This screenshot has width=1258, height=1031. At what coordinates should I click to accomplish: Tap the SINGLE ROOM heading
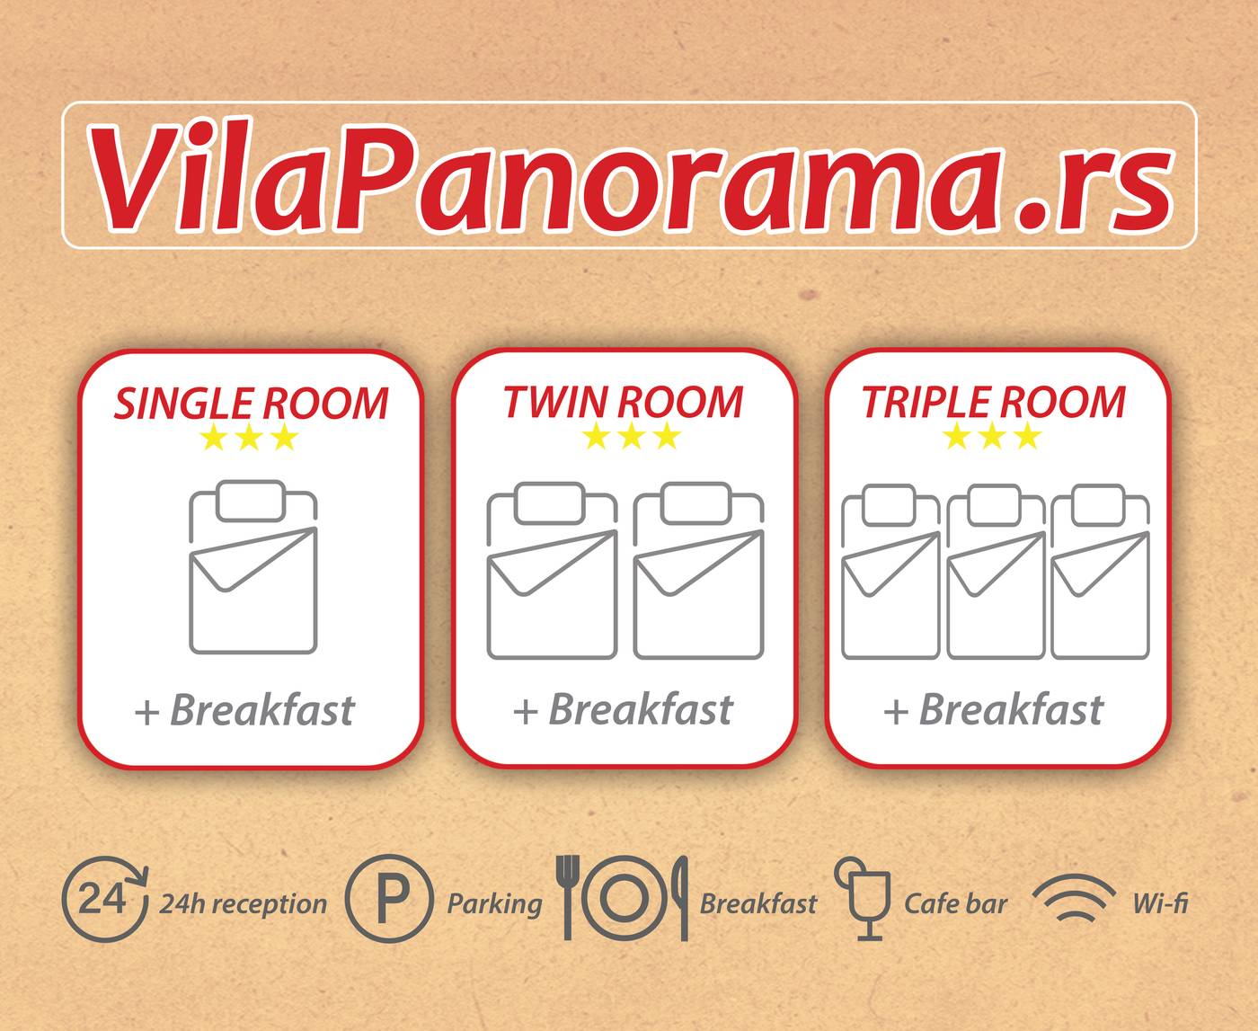point(251,404)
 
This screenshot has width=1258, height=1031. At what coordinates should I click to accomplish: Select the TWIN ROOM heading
point(624,402)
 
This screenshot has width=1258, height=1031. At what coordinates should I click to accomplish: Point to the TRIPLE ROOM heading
point(994,402)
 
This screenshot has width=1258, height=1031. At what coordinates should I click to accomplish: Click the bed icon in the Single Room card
point(253,567)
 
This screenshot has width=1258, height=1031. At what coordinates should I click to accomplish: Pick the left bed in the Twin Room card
point(553,571)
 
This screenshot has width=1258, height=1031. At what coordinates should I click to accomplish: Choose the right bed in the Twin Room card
point(698,571)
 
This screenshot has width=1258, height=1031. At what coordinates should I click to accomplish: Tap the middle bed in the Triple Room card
point(997,572)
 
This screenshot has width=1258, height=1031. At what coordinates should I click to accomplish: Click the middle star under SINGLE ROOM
point(249,438)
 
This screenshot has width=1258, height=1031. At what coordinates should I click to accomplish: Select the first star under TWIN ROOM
point(595,436)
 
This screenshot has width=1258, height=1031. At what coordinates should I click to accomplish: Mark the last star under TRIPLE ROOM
point(1028,436)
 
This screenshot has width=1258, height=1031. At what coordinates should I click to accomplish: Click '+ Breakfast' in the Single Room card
point(245,711)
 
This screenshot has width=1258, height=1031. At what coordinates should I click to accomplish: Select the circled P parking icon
point(389,899)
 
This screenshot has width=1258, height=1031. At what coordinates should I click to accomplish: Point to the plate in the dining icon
point(624,898)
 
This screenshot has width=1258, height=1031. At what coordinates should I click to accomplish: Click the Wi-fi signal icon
point(1075,898)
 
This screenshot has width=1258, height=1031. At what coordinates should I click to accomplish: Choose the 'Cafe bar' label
point(955,904)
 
